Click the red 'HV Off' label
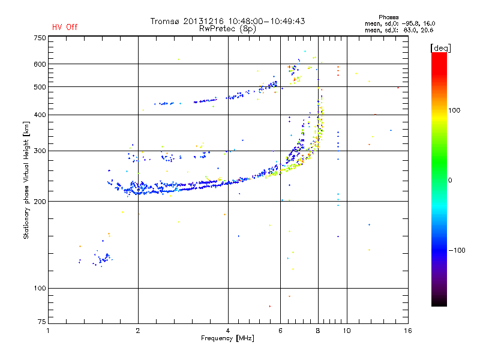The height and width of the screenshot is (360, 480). coord(64,27)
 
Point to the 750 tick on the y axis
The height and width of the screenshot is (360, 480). coord(40,38)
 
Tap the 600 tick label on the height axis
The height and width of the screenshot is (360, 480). coord(40,64)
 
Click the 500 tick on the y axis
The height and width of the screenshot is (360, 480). coord(40,87)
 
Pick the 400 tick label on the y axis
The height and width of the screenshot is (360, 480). coord(40,115)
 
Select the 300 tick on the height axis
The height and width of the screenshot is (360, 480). coord(40,151)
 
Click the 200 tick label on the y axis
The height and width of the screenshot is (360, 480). coord(40,202)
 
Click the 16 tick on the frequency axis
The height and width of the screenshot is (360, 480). coord(407,331)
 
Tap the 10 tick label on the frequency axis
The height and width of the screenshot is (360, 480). coord(346,331)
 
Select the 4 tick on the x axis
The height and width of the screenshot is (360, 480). coord(228,331)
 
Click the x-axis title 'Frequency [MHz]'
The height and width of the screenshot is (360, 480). coord(227,339)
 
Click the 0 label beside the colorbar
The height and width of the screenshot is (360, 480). coord(451,180)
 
